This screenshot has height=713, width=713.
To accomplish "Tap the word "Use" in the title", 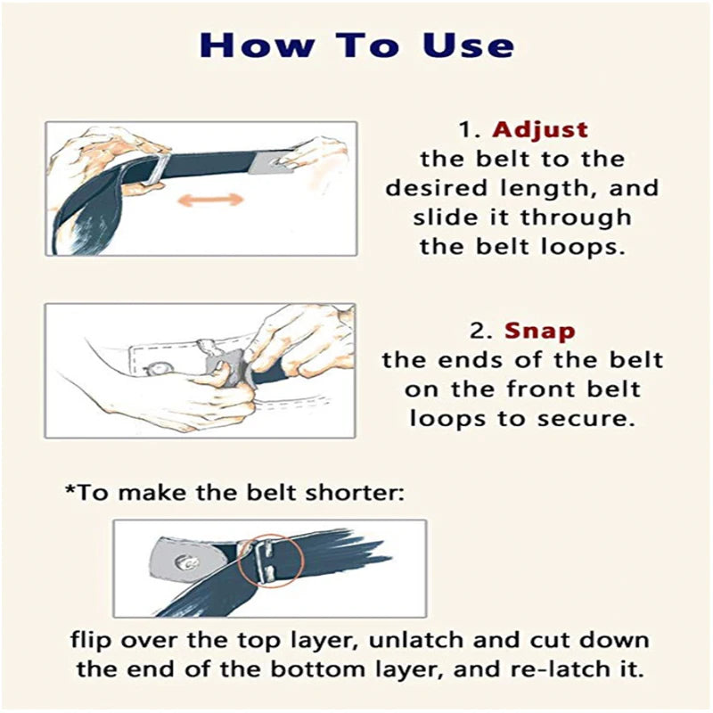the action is [469, 45].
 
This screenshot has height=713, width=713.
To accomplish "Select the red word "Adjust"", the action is [540, 130].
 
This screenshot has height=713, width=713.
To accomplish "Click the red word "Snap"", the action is [540, 332].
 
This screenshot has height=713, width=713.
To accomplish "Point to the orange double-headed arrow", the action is [210, 199].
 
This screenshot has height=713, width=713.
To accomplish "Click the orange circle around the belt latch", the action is [270, 560].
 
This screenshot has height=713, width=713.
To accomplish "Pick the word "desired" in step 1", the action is [436, 188].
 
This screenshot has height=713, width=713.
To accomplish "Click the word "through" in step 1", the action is [576, 217].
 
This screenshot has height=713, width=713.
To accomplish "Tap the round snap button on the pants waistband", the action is [160, 366].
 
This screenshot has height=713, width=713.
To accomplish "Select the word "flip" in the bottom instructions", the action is [91, 641].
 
